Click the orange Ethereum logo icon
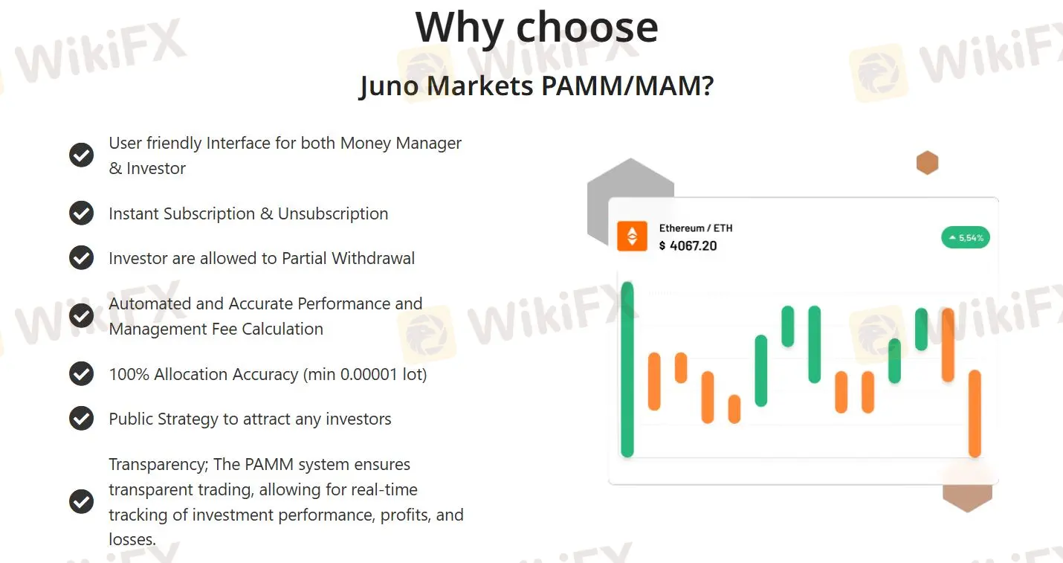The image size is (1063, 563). coord(632,237)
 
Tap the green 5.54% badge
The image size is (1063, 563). coord(966,238)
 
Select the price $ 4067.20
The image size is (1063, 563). coord(688,245)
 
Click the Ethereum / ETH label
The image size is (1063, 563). coord(696,228)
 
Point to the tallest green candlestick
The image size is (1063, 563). coord(627,370)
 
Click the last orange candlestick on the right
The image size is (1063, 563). coord(975,414)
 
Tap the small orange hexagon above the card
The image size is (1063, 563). coord(927,162)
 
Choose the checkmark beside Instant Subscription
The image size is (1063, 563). coord(81,213)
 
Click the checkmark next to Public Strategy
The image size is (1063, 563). coord(81,419)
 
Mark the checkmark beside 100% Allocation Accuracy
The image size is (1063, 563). coord(81,374)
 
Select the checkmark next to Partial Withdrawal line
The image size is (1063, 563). coord(81,258)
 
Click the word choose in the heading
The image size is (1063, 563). coord(587,28)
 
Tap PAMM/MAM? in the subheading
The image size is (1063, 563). coord(627,86)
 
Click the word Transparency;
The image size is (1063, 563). coord(158,464)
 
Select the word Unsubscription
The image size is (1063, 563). coord(333,213)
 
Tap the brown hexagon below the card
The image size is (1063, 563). coord(967,496)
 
